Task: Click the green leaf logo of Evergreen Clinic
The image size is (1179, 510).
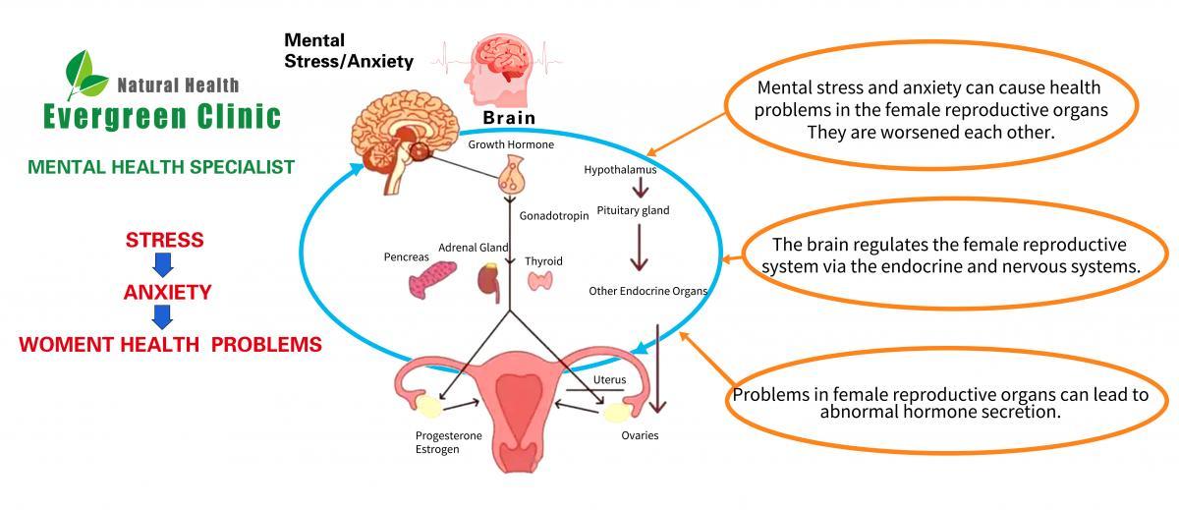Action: click(x=85, y=74)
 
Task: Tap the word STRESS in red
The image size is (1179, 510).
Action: click(x=164, y=240)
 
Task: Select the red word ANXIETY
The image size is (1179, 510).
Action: click(x=167, y=292)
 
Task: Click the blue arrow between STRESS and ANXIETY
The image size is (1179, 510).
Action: click(x=164, y=265)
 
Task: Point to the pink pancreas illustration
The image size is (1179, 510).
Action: click(x=431, y=283)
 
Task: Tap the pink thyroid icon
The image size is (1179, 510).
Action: click(x=541, y=282)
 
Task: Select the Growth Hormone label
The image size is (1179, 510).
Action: click(x=511, y=144)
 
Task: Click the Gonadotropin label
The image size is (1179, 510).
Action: click(x=553, y=214)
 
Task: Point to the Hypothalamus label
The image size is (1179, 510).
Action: click(x=620, y=169)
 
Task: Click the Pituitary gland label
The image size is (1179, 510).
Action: click(x=633, y=209)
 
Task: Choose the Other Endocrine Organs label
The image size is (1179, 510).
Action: click(x=647, y=291)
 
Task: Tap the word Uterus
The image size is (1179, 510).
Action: click(x=609, y=379)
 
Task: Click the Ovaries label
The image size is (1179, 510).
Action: click(x=640, y=435)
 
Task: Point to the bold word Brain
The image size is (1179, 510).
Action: click(x=509, y=118)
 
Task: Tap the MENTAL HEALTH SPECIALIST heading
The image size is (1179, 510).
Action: click(x=161, y=167)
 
